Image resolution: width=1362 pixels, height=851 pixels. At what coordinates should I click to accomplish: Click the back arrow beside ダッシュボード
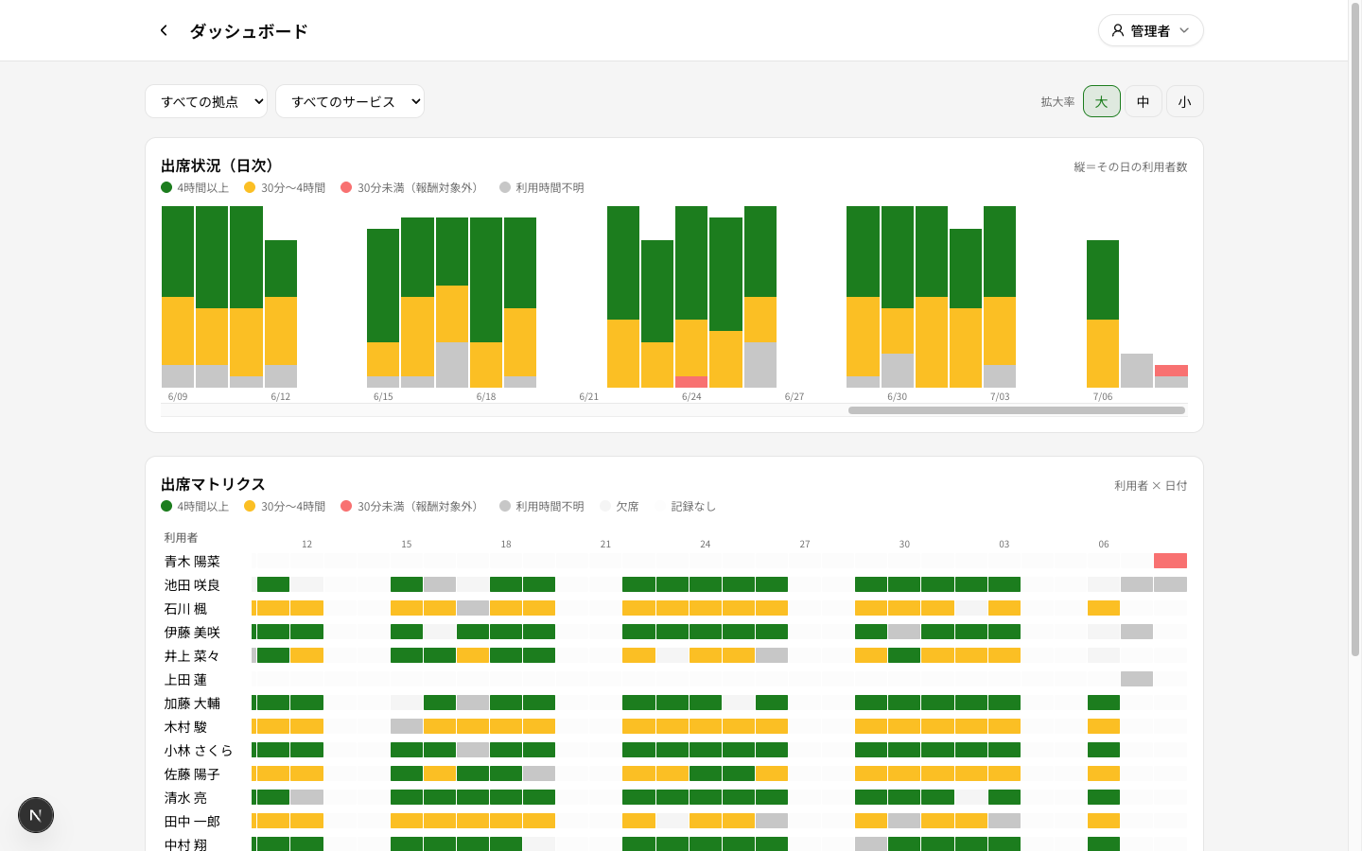pyautogui.click(x=164, y=30)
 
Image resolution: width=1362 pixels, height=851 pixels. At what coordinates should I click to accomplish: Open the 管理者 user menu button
pyautogui.click(x=1150, y=30)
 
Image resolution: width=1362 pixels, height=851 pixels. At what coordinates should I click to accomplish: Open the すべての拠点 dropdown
pyautogui.click(x=206, y=101)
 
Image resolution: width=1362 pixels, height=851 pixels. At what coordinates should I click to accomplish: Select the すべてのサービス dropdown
pyautogui.click(x=350, y=101)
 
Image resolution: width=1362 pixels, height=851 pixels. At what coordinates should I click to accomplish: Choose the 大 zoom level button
pyautogui.click(x=1101, y=101)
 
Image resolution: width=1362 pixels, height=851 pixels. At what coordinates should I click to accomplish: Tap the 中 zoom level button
pyautogui.click(x=1144, y=101)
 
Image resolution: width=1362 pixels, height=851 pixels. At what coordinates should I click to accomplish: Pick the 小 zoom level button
pyautogui.click(x=1184, y=101)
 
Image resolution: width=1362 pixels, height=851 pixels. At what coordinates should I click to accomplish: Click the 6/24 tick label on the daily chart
pyautogui.click(x=691, y=397)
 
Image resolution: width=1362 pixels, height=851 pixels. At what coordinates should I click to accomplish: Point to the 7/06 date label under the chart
pyautogui.click(x=1103, y=397)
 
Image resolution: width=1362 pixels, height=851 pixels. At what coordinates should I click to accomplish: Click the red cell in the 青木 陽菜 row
pyautogui.click(x=1170, y=561)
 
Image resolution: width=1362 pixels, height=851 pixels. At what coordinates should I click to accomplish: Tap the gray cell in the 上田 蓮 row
pyautogui.click(x=1137, y=679)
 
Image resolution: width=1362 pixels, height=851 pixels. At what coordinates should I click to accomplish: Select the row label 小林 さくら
pyautogui.click(x=199, y=751)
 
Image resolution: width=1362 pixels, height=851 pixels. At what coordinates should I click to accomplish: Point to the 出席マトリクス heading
pyautogui.click(x=213, y=484)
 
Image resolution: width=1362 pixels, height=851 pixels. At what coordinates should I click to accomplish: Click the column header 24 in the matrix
pyautogui.click(x=705, y=544)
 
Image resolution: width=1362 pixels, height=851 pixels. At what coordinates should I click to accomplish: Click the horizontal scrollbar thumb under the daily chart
pyautogui.click(x=1017, y=410)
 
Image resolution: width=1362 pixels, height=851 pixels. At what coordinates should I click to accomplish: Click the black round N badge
pyautogui.click(x=36, y=815)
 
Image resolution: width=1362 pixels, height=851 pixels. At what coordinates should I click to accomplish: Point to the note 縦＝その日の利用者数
pyautogui.click(x=1130, y=167)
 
